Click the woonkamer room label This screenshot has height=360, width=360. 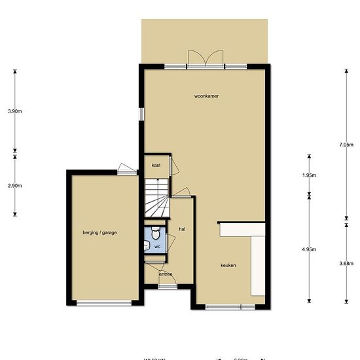tap(206, 96)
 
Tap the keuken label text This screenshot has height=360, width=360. tap(228, 265)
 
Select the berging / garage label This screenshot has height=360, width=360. tap(99, 232)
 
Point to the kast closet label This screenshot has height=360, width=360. tap(156, 166)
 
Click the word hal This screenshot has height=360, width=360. tap(183, 228)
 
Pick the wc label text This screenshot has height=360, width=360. tap(157, 247)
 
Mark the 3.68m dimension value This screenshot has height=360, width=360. tap(347, 263)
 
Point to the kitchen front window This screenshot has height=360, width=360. tap(230, 306)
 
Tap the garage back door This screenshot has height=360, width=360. tap(125, 169)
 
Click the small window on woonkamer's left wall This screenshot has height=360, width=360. tap(140, 113)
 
